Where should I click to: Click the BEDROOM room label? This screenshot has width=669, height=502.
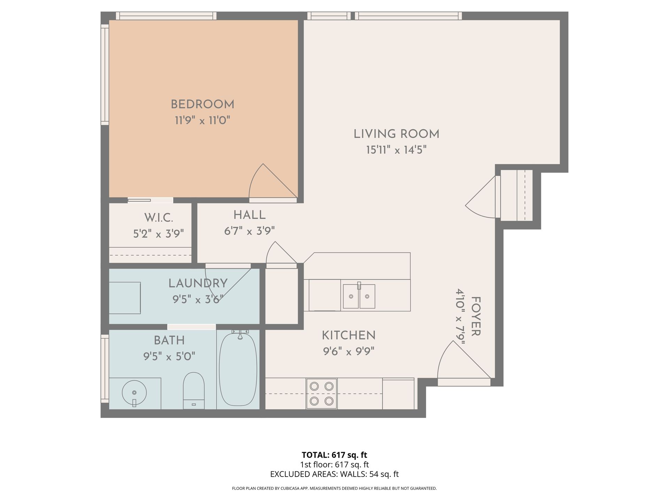[x=202, y=104]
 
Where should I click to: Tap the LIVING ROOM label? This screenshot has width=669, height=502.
[x=397, y=134]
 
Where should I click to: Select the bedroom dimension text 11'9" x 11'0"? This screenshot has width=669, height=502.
[x=202, y=121]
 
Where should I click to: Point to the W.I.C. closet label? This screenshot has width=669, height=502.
[x=159, y=218]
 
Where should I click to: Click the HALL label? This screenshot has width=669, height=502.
[x=249, y=215]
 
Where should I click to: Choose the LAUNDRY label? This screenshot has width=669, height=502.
[x=198, y=283]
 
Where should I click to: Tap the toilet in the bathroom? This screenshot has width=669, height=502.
[x=194, y=390]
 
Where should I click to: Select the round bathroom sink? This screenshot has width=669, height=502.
[x=134, y=393]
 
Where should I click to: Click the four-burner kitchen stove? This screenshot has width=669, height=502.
[x=322, y=394]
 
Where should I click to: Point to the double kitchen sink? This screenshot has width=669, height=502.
[x=359, y=296]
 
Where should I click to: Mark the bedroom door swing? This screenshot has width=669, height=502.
[x=273, y=181]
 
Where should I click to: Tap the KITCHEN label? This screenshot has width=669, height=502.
[x=348, y=335]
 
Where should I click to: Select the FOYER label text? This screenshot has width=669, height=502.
[x=476, y=317]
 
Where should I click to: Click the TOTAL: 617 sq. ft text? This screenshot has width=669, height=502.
[x=334, y=455]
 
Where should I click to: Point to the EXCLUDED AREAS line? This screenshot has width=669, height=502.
[x=334, y=474]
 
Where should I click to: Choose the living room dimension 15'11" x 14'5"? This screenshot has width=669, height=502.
[x=397, y=150]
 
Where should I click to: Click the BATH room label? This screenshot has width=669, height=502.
[x=169, y=340]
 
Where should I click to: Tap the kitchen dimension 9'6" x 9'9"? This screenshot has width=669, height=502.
[x=348, y=351]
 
